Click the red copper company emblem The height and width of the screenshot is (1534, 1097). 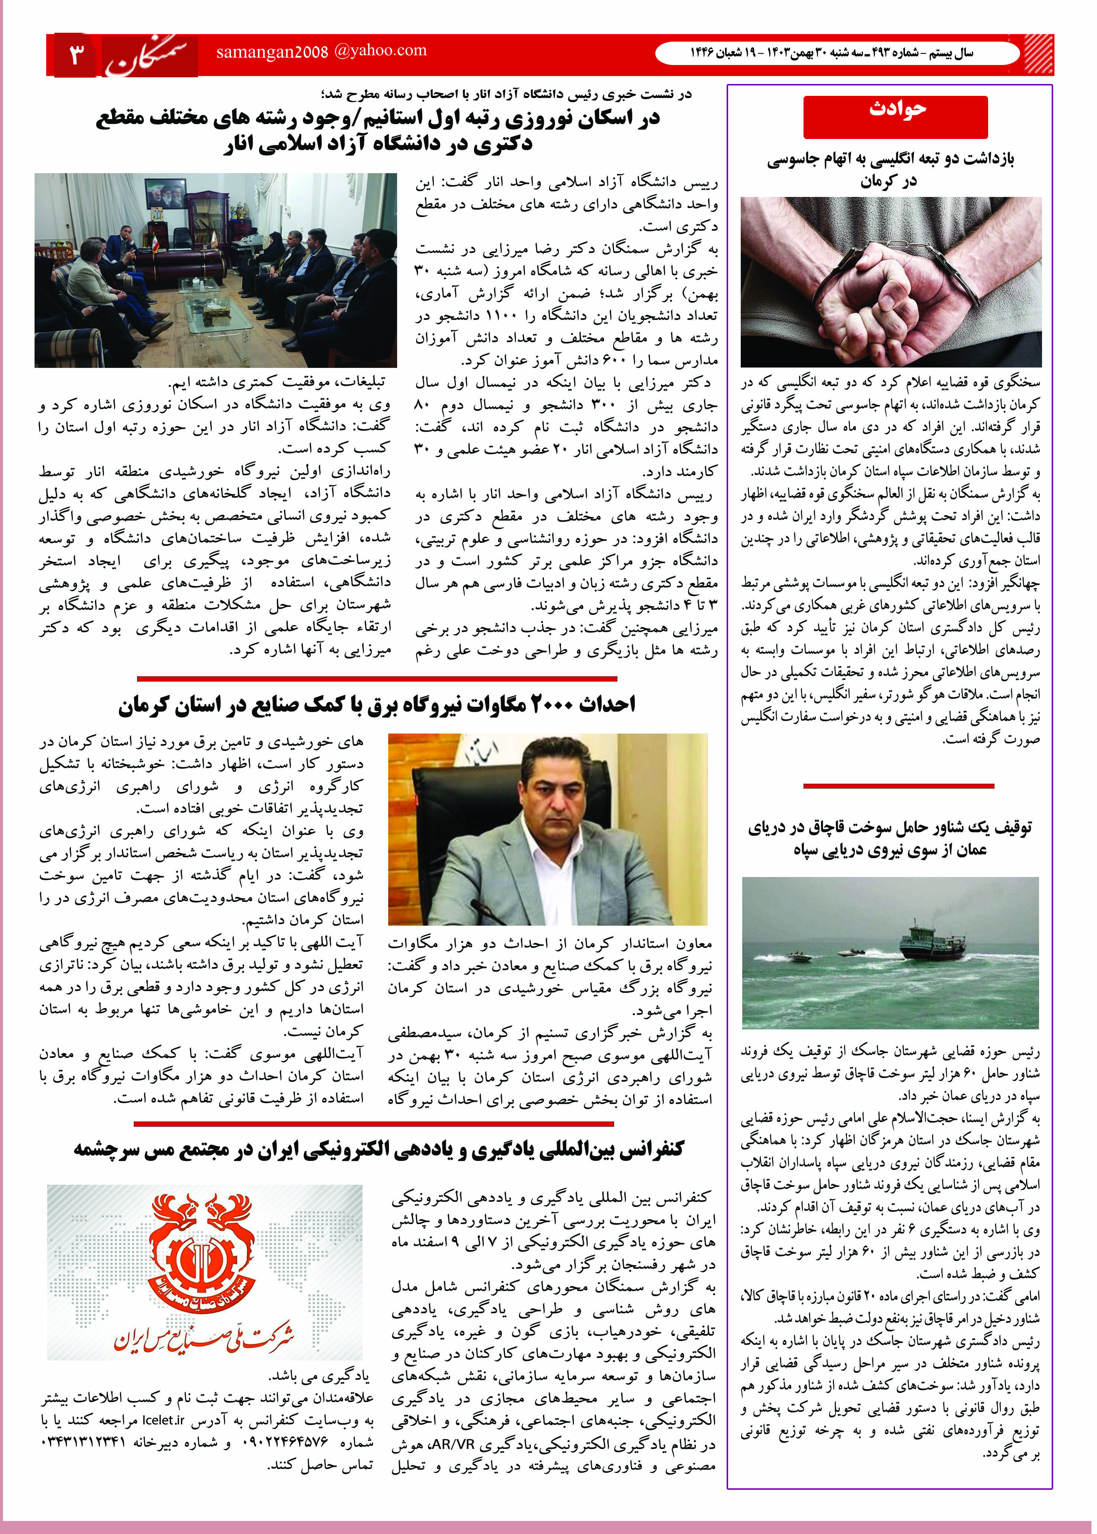(x=203, y=1245)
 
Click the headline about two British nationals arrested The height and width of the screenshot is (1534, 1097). (x=890, y=169)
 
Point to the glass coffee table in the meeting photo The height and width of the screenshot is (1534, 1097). (x=215, y=311)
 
